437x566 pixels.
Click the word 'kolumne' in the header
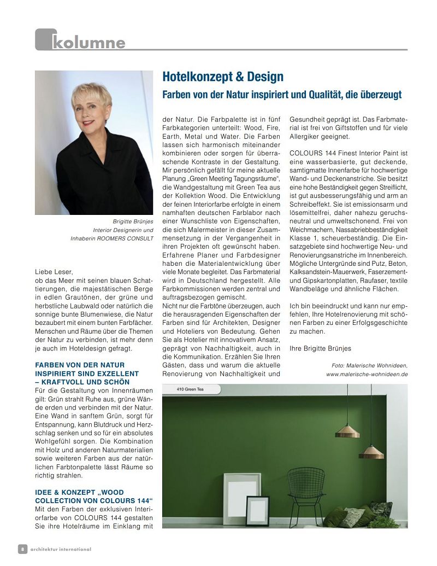click(88, 42)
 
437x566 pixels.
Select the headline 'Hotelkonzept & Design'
click(223, 77)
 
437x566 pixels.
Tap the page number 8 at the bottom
click(22, 549)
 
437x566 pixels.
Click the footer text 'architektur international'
click(61, 549)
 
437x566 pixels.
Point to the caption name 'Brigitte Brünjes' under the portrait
click(133, 221)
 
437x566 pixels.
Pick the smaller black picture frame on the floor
click(257, 510)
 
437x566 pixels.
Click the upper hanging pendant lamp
click(347, 431)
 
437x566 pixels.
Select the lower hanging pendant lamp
click(371, 452)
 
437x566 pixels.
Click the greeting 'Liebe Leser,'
click(53, 271)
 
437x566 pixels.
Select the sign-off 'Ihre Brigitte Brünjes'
click(320, 348)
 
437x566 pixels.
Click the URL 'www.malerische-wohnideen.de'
click(367, 374)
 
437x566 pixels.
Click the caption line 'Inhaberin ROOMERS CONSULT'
click(112, 238)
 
